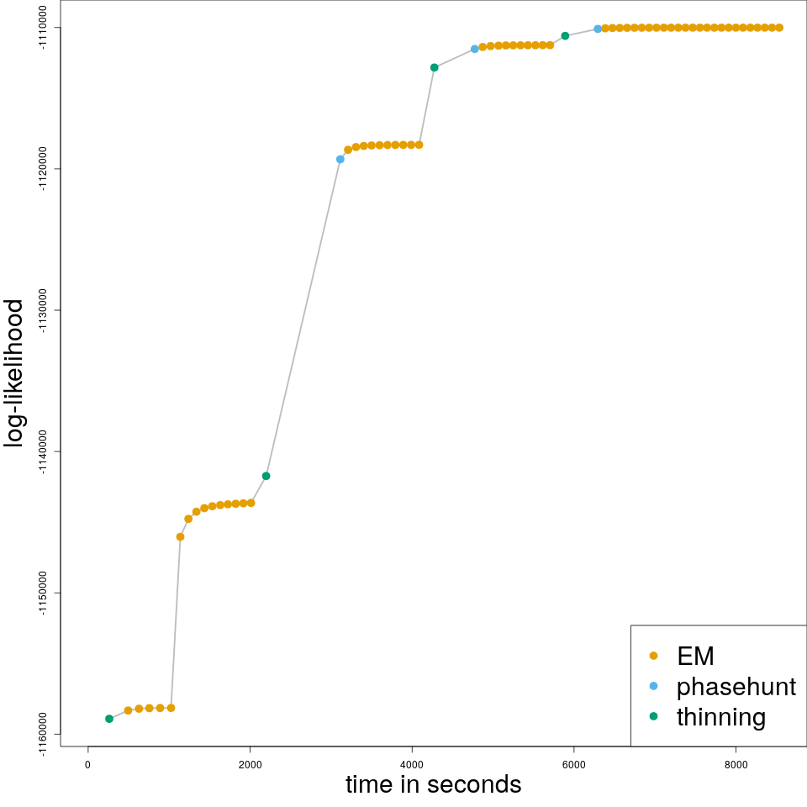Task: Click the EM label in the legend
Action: coord(695,656)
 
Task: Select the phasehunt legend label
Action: coord(736,687)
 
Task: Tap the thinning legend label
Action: coord(721,717)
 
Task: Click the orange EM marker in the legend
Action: coord(654,656)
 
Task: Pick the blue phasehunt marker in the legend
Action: coord(654,686)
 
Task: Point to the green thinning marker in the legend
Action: coord(654,716)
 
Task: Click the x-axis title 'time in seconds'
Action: coord(433,784)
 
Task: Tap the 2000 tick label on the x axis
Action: coord(250,763)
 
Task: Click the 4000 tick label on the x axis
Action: coord(412,763)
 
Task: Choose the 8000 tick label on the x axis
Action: coord(736,763)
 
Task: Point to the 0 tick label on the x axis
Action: coord(87,763)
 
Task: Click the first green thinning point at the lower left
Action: coord(109,719)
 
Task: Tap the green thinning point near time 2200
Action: coord(266,476)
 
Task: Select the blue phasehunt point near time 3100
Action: coord(340,159)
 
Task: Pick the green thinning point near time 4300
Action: coord(434,67)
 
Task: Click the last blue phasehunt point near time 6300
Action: coord(598,29)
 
